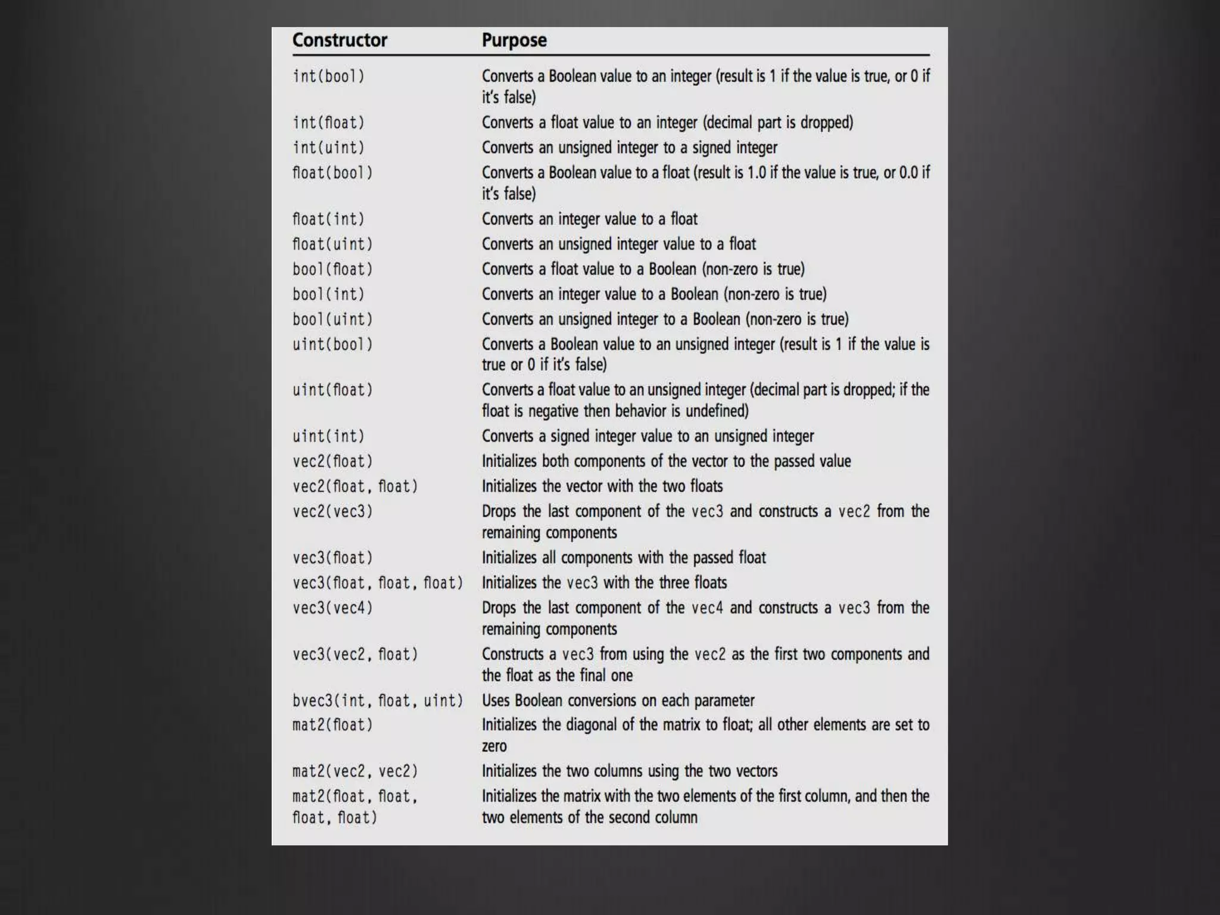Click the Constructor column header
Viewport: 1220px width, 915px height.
(340, 41)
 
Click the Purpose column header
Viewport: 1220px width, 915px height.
(514, 41)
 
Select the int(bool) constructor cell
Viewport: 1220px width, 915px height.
(328, 76)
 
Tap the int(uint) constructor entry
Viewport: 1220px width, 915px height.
(328, 148)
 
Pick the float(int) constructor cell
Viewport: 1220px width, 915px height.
(328, 219)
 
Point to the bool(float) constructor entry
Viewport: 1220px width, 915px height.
(332, 269)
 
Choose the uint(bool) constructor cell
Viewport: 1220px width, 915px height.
(332, 344)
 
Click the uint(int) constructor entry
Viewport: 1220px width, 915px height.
(328, 436)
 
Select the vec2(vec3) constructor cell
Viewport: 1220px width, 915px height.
(332, 511)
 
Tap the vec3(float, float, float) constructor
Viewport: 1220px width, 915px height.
(378, 583)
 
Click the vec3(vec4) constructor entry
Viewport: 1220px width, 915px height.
(332, 608)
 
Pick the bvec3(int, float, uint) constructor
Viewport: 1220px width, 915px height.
(378, 701)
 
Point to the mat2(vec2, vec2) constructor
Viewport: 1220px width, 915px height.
(355, 771)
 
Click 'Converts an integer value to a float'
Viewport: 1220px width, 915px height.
(589, 219)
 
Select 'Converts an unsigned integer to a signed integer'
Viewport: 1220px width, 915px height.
(629, 148)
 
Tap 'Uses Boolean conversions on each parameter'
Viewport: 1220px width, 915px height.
(618, 701)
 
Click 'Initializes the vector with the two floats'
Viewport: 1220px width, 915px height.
(602, 486)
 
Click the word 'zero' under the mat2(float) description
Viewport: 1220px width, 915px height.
(494, 746)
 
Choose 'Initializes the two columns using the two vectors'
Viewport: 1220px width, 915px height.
(629, 771)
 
